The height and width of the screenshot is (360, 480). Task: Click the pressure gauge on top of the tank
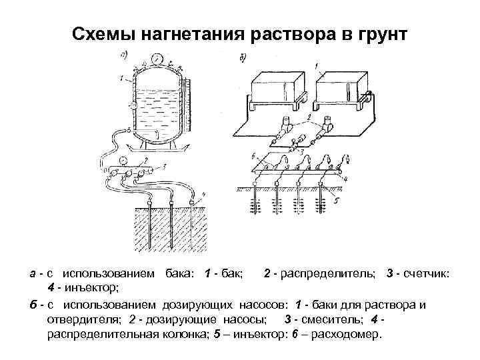(x=155, y=59)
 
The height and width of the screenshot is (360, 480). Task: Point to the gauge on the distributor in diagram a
(x=124, y=160)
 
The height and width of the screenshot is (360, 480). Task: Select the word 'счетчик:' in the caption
(x=426, y=275)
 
